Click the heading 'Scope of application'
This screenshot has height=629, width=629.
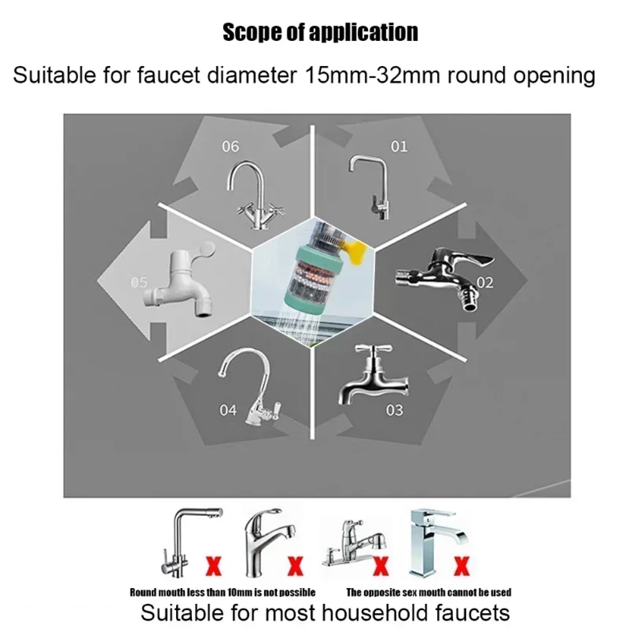click(x=320, y=33)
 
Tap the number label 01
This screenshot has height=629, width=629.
click(x=399, y=147)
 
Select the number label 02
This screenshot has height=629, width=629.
click(x=485, y=282)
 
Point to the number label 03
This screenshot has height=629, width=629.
click(x=394, y=411)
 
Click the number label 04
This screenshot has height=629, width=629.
click(x=228, y=411)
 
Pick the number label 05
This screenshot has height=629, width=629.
click(x=139, y=282)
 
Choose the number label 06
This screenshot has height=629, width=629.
click(x=230, y=147)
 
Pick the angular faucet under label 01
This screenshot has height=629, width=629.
click(x=370, y=186)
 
